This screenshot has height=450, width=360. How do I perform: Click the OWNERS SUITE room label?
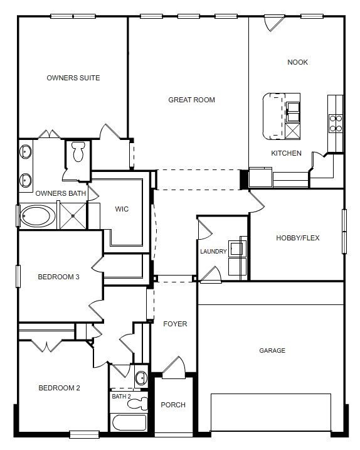click(x=73, y=78)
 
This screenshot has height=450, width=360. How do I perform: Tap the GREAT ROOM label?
click(x=192, y=100)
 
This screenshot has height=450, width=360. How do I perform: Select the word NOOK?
click(x=297, y=62)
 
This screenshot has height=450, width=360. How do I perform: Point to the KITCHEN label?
click(x=286, y=153)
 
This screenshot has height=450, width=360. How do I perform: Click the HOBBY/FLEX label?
click(x=298, y=238)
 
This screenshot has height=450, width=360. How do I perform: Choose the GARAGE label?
click(x=272, y=350)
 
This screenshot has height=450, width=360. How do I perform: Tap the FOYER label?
click(x=175, y=324)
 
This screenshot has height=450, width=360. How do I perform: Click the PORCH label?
click(x=173, y=405)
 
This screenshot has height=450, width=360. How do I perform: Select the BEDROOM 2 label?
click(x=59, y=388)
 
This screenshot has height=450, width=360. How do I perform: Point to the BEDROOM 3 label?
click(x=58, y=277)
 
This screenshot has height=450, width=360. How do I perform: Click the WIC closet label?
click(x=122, y=209)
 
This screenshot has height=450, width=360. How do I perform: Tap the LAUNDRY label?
click(x=213, y=252)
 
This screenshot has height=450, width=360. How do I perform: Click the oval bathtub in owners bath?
click(x=38, y=216)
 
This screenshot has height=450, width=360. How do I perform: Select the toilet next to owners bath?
click(x=78, y=152)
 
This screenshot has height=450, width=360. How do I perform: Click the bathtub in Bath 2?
click(x=129, y=422)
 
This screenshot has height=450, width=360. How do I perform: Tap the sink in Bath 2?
click(x=141, y=378)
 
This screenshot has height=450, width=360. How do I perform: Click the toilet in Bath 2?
click(x=137, y=404)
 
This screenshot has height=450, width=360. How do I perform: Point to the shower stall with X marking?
click(x=73, y=216)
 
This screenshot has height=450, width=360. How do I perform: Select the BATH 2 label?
click(x=121, y=396)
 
